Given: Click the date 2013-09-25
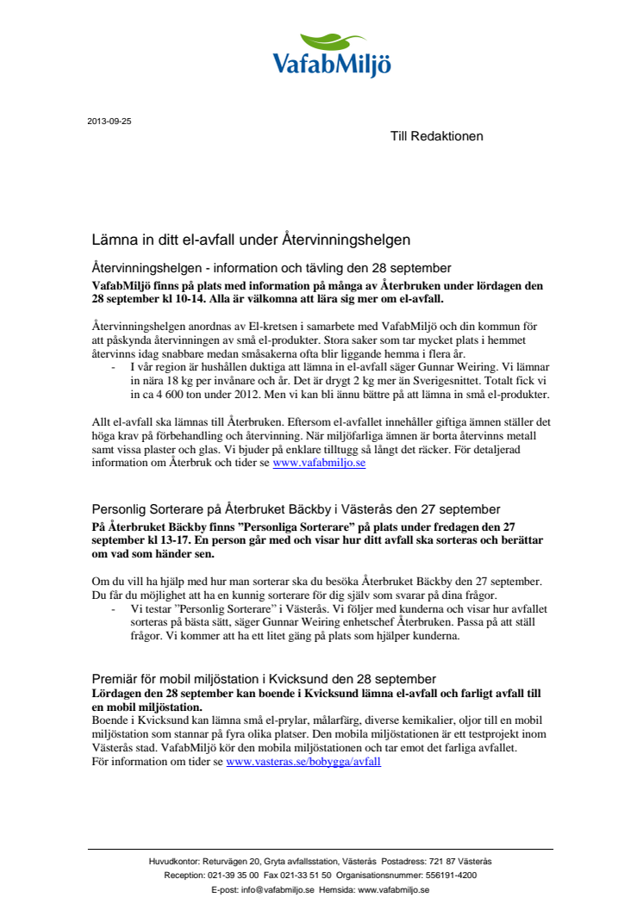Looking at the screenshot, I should click(x=109, y=122).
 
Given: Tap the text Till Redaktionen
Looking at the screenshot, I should click(x=437, y=136).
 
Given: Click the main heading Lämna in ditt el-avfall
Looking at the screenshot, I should click(x=251, y=239).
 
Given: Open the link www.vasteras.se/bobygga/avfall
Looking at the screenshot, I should click(x=303, y=763).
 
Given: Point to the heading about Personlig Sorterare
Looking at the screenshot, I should click(x=296, y=509).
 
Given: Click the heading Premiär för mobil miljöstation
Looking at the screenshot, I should click(x=264, y=679).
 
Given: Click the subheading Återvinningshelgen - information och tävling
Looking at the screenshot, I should click(x=272, y=268).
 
